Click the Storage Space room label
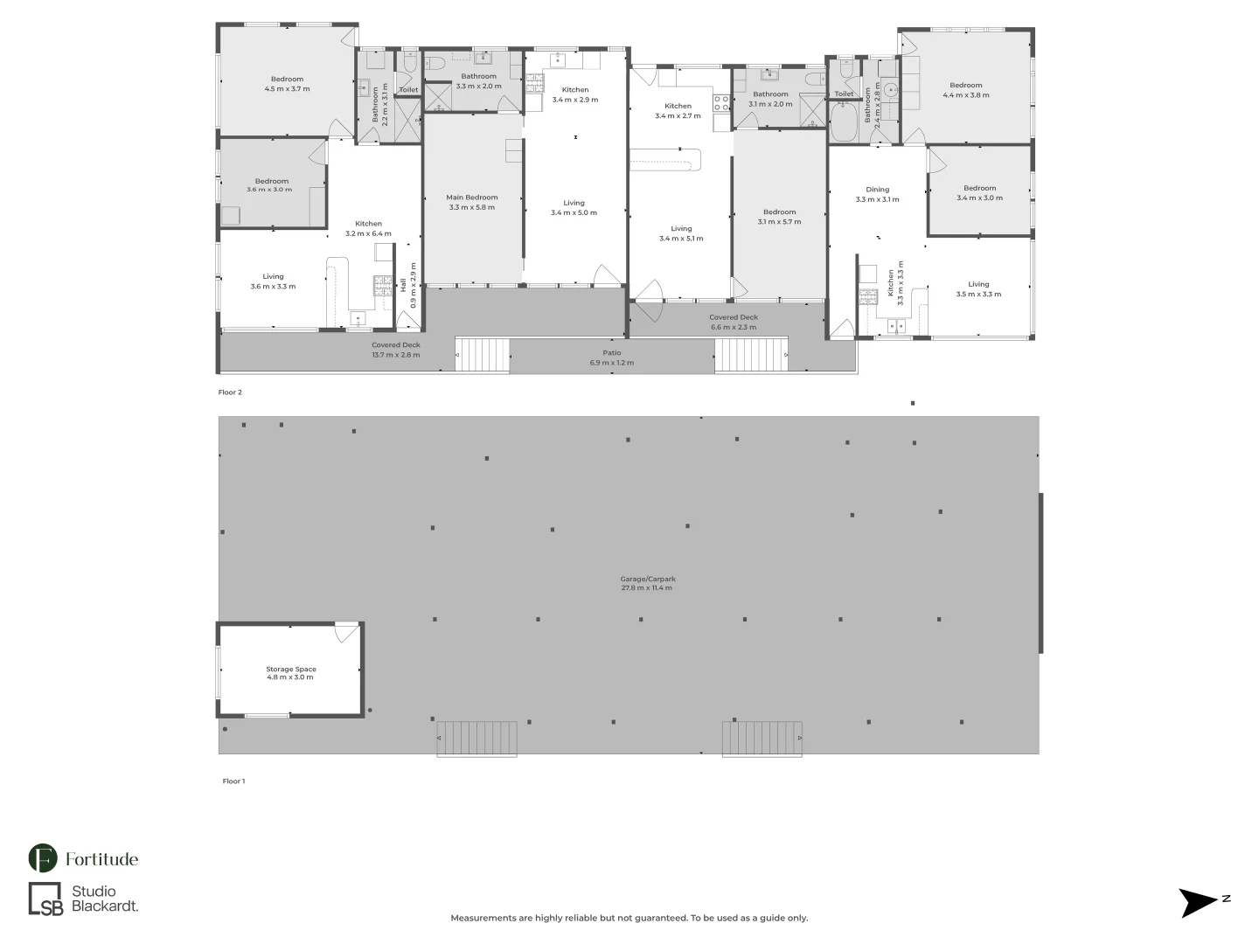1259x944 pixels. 291,673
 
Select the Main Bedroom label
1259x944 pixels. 471,202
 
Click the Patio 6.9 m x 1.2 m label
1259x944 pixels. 611,357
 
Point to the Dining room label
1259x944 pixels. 877,194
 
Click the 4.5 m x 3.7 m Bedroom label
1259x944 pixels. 287,84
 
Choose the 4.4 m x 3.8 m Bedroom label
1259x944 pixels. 966,90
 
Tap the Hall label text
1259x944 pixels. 403,285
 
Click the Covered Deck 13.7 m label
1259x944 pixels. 395,350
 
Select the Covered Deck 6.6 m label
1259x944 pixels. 734,322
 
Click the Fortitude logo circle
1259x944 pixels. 43,858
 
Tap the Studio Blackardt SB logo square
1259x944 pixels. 46,899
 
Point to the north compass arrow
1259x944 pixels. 1199,902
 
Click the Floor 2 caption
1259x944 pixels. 230,392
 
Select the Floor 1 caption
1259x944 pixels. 233,781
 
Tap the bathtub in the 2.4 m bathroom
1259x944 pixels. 844,122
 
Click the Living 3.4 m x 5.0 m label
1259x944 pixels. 574,207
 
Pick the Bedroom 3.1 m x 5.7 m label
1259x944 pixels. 779,217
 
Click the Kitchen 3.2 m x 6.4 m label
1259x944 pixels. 368,228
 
